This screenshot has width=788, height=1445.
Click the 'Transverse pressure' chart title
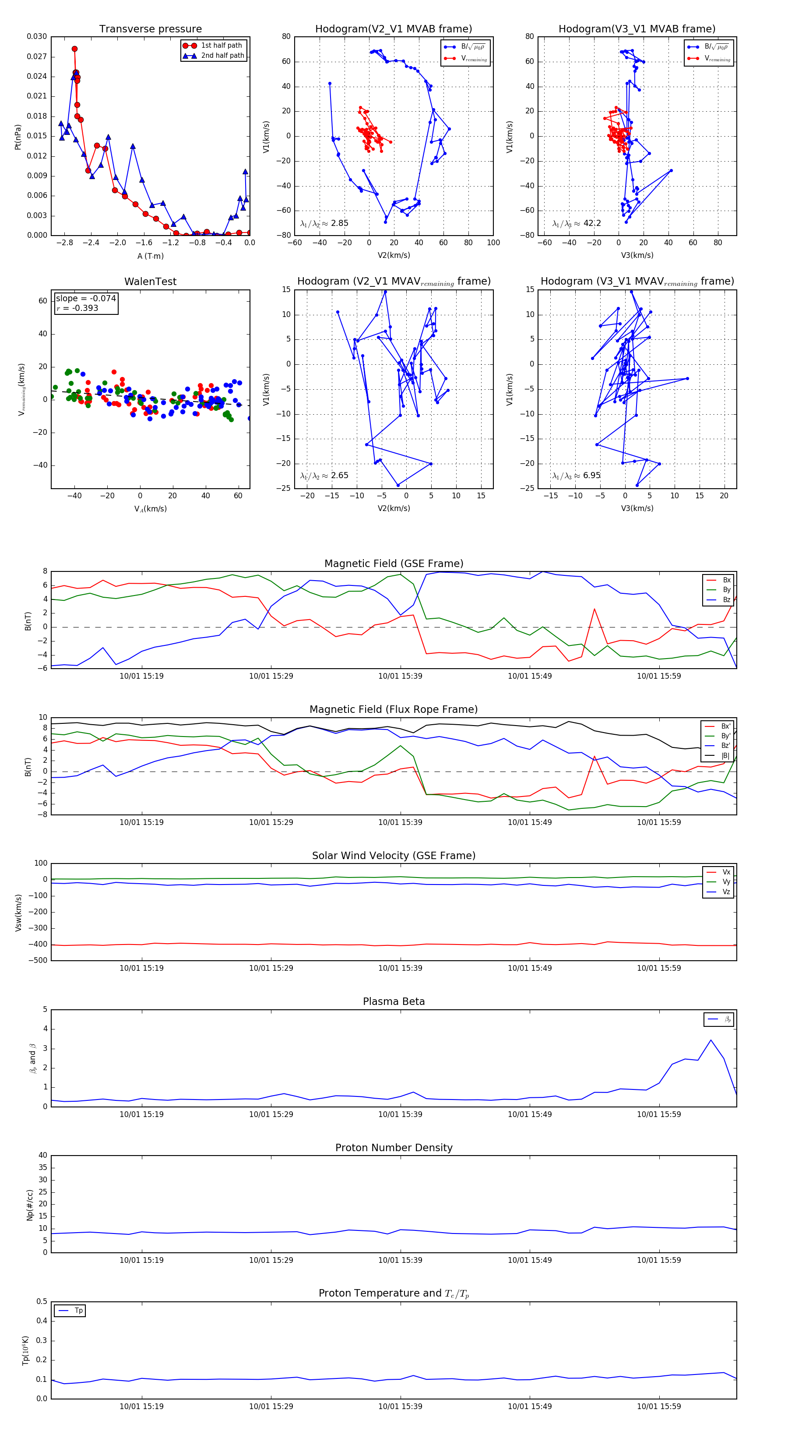click(x=150, y=29)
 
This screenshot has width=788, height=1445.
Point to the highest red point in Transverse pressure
click(x=74, y=49)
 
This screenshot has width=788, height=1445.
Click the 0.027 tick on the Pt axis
click(x=37, y=56)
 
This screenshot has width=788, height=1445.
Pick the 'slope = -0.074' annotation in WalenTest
click(x=86, y=299)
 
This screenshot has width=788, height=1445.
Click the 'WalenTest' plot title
click(x=150, y=282)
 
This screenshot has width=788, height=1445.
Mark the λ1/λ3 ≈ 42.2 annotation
click(x=577, y=223)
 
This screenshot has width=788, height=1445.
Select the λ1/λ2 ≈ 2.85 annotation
click(x=324, y=223)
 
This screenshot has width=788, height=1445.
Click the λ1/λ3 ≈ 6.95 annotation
click(x=577, y=476)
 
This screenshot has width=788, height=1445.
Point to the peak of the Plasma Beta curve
click(x=711, y=1040)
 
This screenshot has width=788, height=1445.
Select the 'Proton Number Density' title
click(x=394, y=1148)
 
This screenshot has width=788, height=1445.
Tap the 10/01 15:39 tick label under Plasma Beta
click(x=400, y=1114)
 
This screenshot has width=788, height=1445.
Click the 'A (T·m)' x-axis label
click(x=150, y=256)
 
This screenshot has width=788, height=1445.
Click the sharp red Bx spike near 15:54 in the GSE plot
click(x=595, y=609)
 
